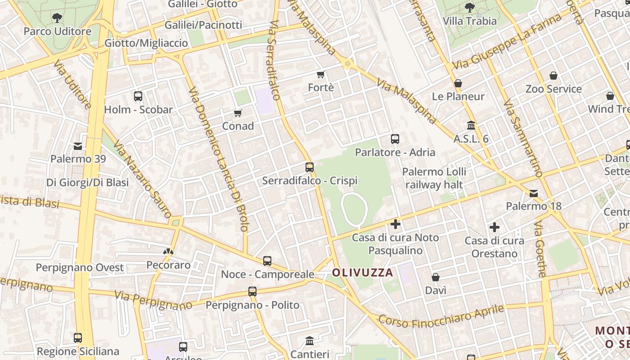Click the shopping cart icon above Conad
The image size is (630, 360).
(238, 113)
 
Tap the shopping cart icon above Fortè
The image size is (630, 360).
(321, 74)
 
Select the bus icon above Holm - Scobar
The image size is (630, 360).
(138, 96)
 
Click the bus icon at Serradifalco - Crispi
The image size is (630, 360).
(310, 167)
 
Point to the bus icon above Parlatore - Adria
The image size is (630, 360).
(395, 139)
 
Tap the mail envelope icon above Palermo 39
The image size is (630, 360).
(78, 146)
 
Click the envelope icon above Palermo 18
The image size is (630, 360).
(534, 193)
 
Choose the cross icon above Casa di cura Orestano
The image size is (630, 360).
(495, 227)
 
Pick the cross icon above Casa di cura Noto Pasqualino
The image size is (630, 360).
(396, 224)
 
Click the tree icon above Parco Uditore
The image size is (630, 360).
(57, 18)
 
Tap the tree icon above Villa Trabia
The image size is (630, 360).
(470, 8)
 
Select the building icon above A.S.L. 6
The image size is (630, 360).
(471, 125)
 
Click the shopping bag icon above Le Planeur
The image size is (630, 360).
(458, 83)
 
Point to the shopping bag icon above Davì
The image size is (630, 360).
(436, 277)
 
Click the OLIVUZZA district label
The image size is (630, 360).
(363, 272)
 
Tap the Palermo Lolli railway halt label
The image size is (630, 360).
(434, 178)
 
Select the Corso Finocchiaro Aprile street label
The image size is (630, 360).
(441, 316)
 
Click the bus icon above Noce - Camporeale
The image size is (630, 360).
(267, 261)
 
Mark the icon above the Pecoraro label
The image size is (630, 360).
(168, 252)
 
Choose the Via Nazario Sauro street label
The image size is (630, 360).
(141, 179)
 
